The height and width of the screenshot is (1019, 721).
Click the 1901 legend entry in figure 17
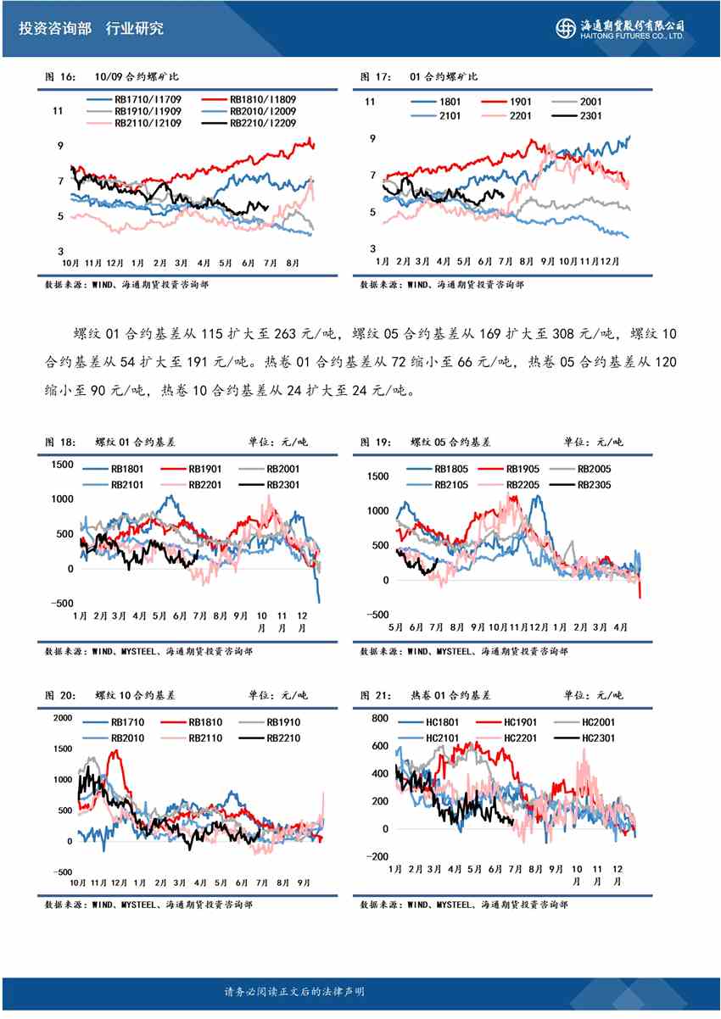tap(521, 102)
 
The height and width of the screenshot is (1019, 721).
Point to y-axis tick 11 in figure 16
tap(59, 111)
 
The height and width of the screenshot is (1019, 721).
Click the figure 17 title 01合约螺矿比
tap(444, 77)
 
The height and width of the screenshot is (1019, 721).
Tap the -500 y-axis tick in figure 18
tap(61, 604)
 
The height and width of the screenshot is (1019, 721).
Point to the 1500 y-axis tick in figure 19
tap(378, 477)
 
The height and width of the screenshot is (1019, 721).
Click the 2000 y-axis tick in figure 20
tap(63, 718)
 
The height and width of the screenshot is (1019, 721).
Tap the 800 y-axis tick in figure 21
tap(379, 719)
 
